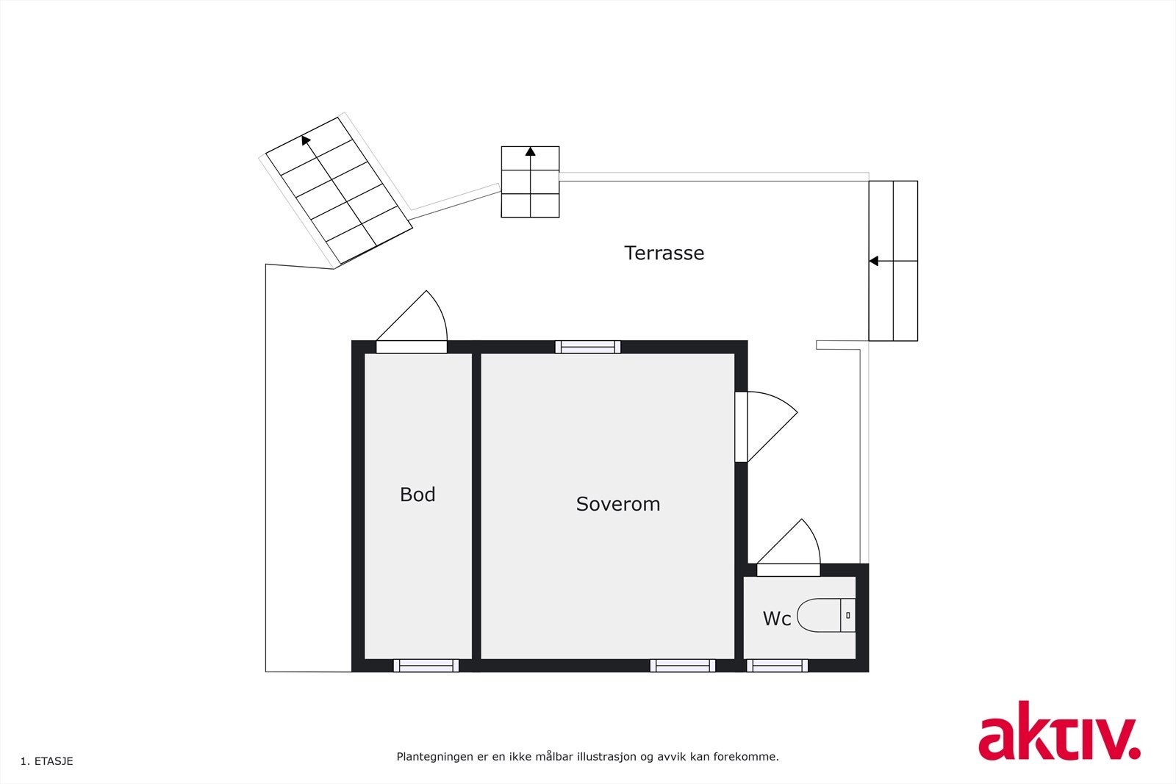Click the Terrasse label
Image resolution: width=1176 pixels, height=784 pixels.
(664, 253)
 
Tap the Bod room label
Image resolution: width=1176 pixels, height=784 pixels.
(417, 495)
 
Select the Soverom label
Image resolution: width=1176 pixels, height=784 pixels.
(617, 504)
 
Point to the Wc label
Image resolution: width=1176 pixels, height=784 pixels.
(776, 619)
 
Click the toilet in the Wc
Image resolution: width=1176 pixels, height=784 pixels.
(820, 615)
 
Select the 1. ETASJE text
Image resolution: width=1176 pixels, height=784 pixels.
(47, 761)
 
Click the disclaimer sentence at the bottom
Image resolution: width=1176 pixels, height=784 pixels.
(587, 756)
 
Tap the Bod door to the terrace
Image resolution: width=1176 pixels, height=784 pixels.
(412, 347)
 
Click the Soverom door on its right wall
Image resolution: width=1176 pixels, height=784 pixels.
(742, 427)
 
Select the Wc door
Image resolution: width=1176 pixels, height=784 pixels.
(788, 569)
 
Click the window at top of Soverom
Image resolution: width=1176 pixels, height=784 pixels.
(587, 347)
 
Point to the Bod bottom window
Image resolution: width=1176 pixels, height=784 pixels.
(426, 666)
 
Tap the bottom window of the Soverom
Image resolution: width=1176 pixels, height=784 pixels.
(682, 666)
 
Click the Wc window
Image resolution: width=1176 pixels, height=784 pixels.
(777, 666)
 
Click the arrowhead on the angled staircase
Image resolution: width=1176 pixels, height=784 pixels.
(306, 139)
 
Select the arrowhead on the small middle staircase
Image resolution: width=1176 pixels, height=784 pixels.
(530, 151)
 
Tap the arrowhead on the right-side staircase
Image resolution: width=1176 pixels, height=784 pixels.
(873, 261)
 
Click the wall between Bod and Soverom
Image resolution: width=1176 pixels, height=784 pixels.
(476, 506)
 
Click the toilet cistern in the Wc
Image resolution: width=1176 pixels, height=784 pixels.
(848, 615)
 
